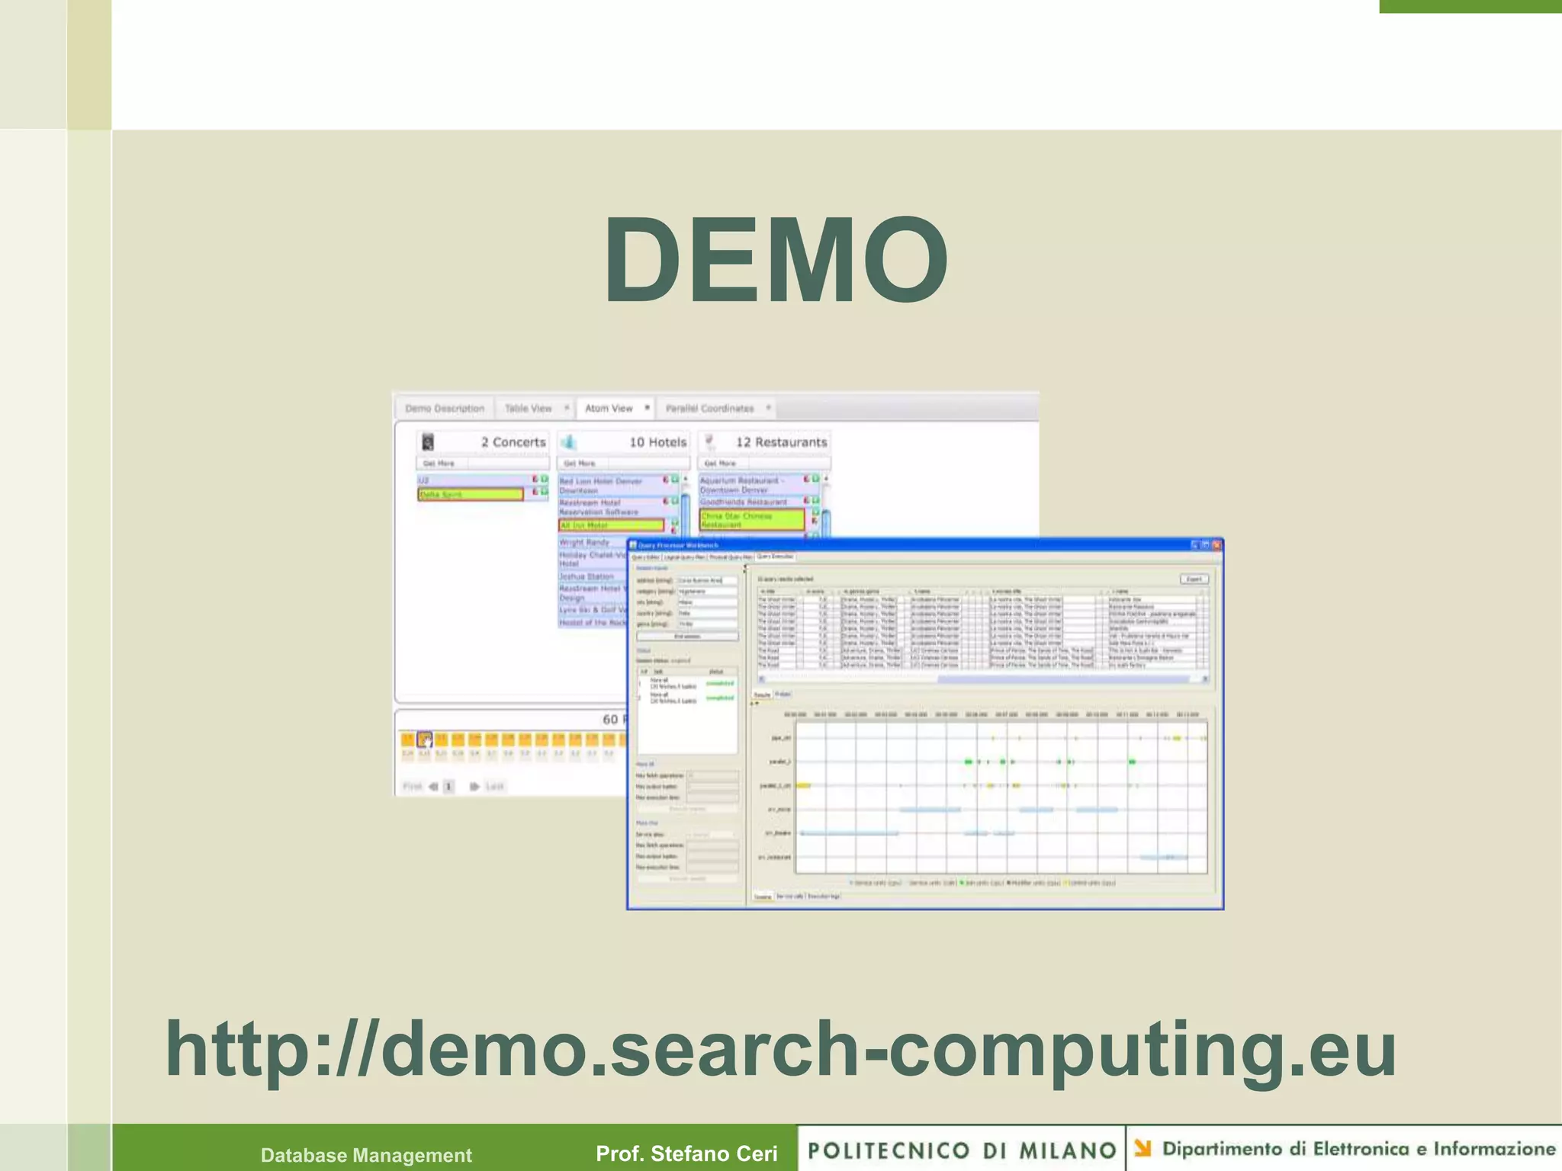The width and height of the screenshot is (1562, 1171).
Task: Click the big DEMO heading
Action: pos(776,261)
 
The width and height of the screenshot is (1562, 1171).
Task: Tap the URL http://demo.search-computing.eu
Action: pos(780,1050)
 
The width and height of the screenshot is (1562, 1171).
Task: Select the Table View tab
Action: pos(528,409)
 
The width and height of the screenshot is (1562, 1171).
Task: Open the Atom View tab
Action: pos(609,409)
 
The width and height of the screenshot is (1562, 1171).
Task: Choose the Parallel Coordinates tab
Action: pos(709,409)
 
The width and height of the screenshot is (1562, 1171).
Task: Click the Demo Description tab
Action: pos(445,409)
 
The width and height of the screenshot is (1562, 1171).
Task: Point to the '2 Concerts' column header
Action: pos(513,442)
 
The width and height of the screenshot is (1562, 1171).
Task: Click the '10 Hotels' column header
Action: pos(657,442)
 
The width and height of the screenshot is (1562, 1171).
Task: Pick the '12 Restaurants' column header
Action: pos(780,442)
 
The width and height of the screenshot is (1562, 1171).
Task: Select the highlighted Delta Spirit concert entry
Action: pos(471,495)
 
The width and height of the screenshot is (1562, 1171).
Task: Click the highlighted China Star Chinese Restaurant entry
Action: pos(751,520)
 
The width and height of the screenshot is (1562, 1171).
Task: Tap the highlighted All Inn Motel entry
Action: pos(611,525)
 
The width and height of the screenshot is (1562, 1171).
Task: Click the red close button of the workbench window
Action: pos(1216,545)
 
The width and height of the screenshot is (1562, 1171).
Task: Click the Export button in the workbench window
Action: pos(1194,579)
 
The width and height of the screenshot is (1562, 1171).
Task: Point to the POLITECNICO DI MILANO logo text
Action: pos(962,1150)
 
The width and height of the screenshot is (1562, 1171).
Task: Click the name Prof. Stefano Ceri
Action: pos(686,1153)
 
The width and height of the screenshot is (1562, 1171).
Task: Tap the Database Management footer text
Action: pos(366,1155)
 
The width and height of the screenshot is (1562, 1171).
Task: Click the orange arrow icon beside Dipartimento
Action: pos(1143,1148)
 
